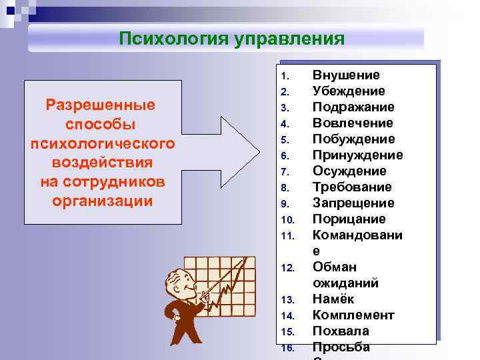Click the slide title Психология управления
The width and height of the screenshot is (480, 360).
pos(231,39)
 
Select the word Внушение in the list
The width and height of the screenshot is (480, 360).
pos(346,75)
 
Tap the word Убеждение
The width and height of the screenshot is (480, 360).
pos(349,91)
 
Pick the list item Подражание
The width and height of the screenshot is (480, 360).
pos(353,107)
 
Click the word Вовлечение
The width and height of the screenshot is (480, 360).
pos(353,123)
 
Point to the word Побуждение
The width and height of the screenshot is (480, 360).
pos(353,139)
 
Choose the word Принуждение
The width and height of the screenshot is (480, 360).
pos(357,155)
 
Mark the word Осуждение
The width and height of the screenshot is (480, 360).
pos(349,171)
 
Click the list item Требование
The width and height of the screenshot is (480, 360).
pos(352,187)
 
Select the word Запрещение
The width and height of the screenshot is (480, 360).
pos(353,203)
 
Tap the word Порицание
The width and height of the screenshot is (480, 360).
pos(349,219)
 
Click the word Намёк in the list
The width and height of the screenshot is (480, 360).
pos(333,299)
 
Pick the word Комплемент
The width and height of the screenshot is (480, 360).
pos(353,315)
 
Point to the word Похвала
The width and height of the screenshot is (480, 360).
pos(341,331)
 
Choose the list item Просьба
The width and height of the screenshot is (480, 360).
pos(341,347)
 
